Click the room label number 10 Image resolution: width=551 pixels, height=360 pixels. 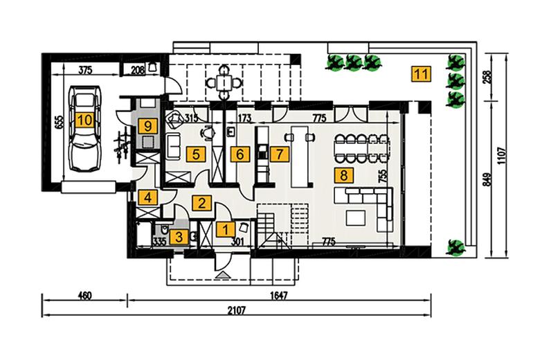(84, 120)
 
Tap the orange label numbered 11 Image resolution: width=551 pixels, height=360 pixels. (421, 74)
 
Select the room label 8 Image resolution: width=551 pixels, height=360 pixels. (343, 174)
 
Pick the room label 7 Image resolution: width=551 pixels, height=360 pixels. (280, 154)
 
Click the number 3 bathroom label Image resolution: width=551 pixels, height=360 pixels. (179, 237)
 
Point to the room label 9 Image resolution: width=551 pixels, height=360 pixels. (147, 125)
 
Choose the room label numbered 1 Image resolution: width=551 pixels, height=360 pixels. (225, 230)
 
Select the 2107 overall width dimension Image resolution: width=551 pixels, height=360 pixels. (236, 310)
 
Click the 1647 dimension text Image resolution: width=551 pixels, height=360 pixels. (279, 296)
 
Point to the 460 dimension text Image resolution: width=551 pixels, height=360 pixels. (84, 296)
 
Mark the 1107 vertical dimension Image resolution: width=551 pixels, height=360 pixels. (501, 155)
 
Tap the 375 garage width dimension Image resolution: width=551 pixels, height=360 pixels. (85, 71)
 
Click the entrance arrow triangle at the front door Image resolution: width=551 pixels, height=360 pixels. (222, 276)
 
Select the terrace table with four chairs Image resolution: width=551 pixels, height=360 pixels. (224, 83)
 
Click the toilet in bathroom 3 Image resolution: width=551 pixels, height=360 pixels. (163, 230)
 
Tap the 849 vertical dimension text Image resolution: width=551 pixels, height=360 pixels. (487, 179)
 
